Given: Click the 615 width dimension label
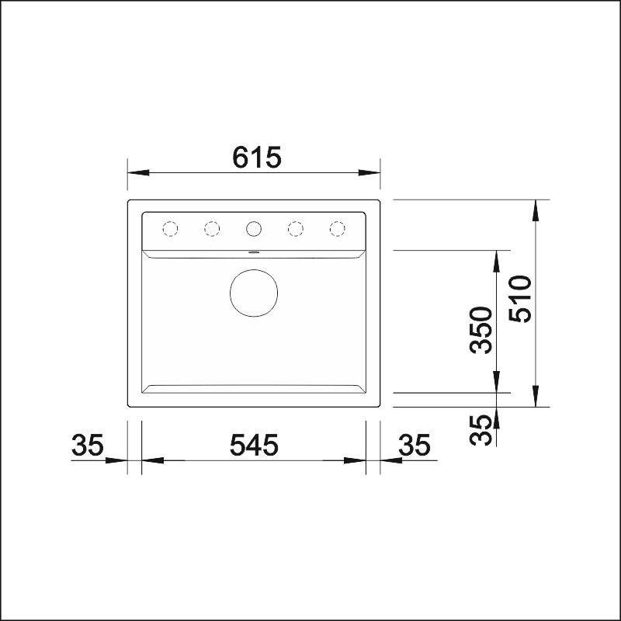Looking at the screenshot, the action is pyautogui.click(x=257, y=158).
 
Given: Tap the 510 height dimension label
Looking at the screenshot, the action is pyautogui.click(x=520, y=299).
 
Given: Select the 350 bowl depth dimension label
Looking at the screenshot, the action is pyautogui.click(x=480, y=330).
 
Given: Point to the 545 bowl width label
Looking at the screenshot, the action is pyautogui.click(x=254, y=444).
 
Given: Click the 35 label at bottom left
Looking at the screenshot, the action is pyautogui.click(x=88, y=444).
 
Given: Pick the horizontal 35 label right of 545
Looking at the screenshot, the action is pyautogui.click(x=414, y=444).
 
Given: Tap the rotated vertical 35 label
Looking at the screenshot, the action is pyautogui.click(x=480, y=430).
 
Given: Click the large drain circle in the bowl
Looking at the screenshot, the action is pyautogui.click(x=254, y=293).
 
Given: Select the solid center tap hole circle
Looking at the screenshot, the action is pyautogui.click(x=254, y=228).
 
